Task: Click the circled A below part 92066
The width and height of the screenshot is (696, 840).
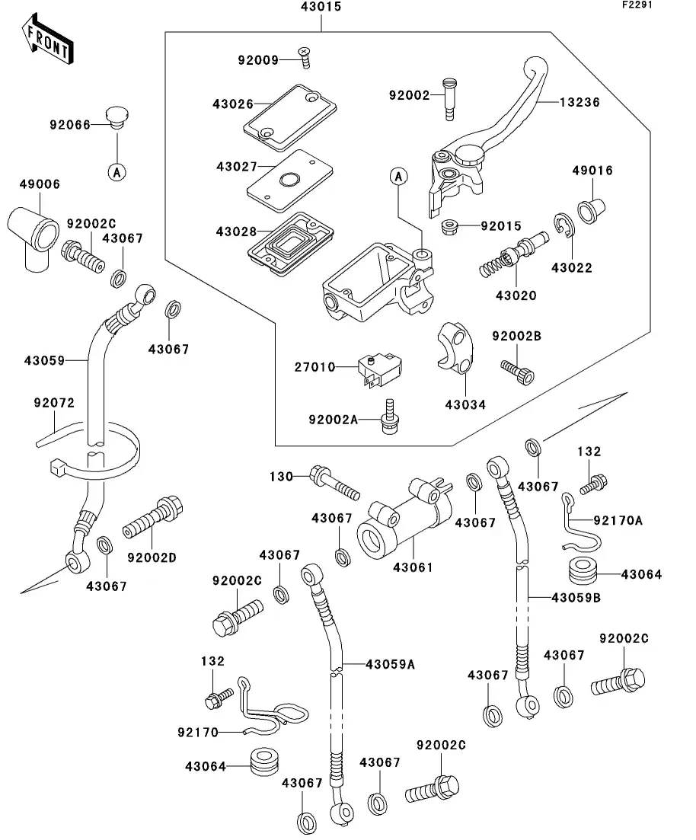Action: [117, 172]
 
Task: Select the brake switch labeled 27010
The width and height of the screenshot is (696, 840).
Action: [379, 370]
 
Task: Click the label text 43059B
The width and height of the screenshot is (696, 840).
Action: [576, 598]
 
